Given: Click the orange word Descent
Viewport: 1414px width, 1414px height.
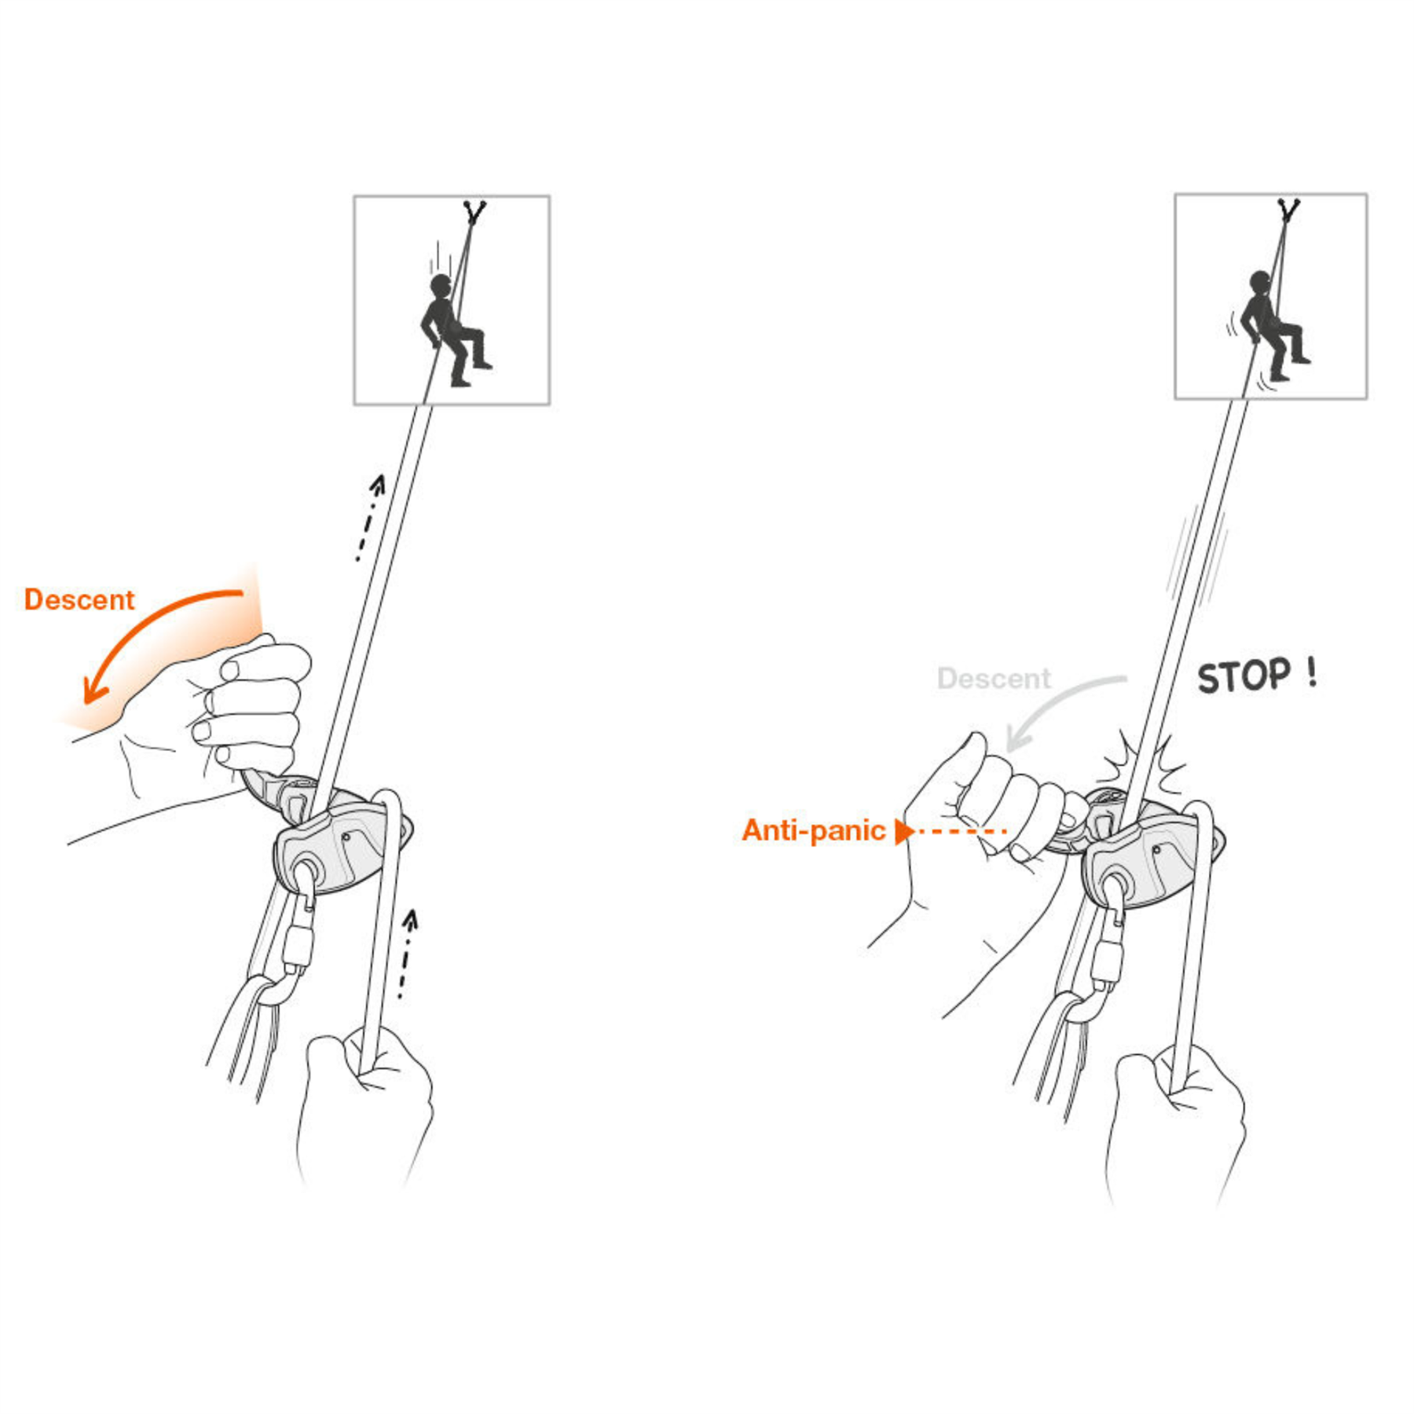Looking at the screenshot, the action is pos(79,599).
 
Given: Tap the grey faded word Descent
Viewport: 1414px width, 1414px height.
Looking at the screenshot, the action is pos(993,678).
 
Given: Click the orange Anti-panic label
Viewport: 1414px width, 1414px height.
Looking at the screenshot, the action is pos(813,830).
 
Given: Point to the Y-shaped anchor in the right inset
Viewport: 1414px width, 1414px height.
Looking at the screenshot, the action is pos(1288,210).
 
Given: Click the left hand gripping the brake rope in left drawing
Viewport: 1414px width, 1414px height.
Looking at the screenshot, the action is pos(365,1100).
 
